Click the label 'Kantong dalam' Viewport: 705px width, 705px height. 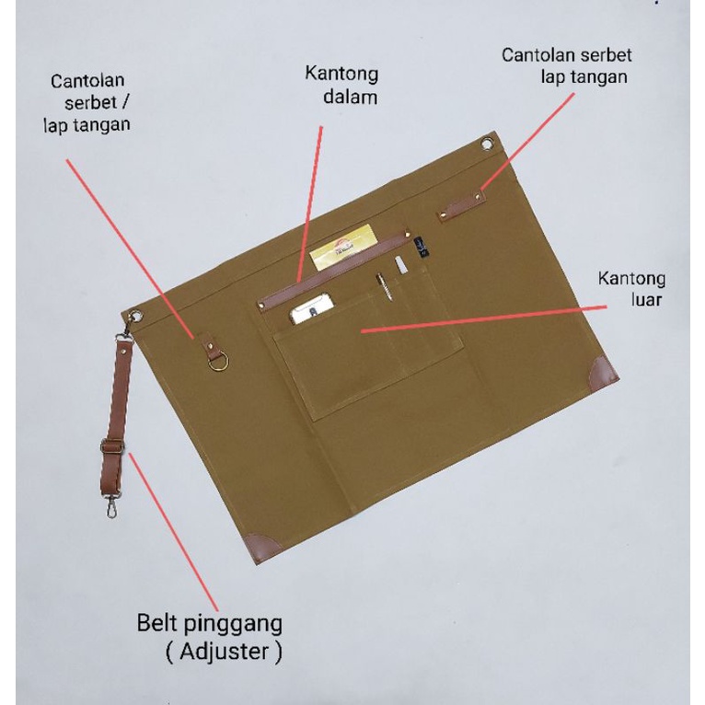pos(341,86)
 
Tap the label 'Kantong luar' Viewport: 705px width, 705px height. pos(631,289)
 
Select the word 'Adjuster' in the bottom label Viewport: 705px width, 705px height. pos(224,651)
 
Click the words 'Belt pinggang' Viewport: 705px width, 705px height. pos(210,624)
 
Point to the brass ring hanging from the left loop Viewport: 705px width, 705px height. pos(218,362)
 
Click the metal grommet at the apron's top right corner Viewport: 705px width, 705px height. pos(487,144)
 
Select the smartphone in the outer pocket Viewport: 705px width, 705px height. pos(312,309)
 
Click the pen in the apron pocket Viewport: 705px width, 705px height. pos(385,286)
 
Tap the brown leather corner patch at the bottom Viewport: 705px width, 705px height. pos(263,548)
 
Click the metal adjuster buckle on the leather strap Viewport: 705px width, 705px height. pos(111,446)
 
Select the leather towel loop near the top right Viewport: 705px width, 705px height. pos(460,206)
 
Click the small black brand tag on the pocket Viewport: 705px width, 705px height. pos(422,248)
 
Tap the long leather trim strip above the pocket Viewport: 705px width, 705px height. pos(334,270)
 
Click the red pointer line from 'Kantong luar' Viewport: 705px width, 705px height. pos(484,318)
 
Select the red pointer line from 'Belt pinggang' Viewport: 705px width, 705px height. pos(174,531)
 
